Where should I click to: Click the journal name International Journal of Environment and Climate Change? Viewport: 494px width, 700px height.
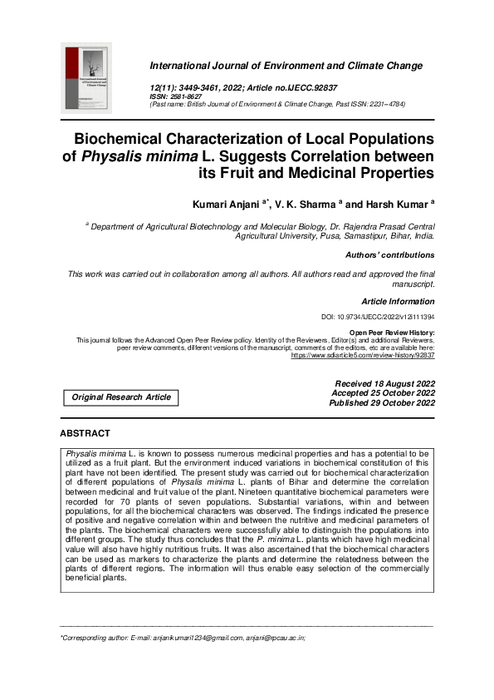[x=286, y=66]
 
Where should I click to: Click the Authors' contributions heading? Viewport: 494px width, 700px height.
[x=389, y=255]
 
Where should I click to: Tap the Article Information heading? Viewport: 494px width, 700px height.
[x=398, y=301]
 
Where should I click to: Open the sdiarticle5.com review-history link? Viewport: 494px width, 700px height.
[x=363, y=355]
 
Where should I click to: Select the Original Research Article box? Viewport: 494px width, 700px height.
[x=121, y=397]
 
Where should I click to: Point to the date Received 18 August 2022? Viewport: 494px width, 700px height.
[x=383, y=383]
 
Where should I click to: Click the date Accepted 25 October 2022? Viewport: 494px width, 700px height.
[x=383, y=393]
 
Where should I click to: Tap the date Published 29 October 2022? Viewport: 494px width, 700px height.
[x=382, y=403]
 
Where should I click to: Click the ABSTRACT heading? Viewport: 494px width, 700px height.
[x=85, y=434]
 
